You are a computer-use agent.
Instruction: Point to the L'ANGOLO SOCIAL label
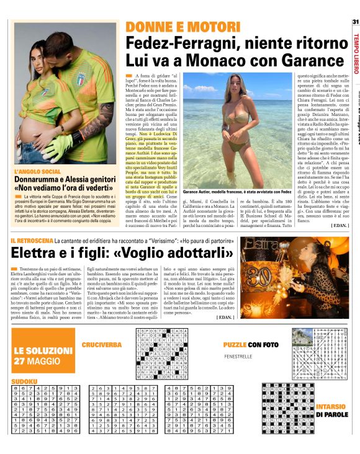(37, 171)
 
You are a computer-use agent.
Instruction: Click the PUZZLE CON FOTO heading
(250, 344)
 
